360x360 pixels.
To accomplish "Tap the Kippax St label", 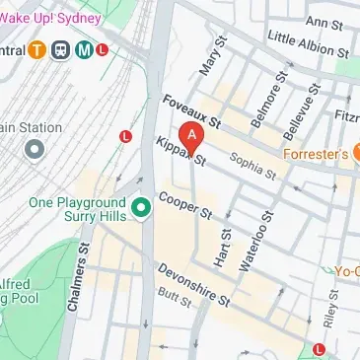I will [180, 150].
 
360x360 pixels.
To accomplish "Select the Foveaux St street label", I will [191, 113].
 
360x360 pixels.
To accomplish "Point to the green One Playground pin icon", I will [141, 206].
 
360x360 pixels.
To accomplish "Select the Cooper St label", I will [184, 205].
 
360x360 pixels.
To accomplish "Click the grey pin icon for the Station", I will [35, 149].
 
